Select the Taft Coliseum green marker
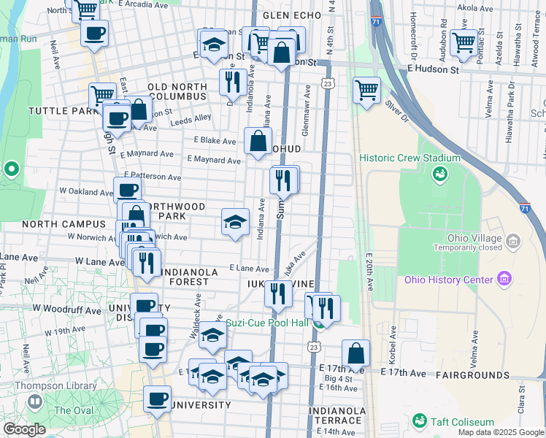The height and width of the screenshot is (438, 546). (420, 421)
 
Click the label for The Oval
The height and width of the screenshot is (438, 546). (73, 410)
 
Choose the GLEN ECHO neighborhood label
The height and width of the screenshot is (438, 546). (288, 15)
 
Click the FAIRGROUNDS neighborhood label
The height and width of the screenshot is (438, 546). (472, 375)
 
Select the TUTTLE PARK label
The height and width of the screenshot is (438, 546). (58, 111)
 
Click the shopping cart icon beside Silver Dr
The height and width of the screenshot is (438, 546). (367, 91)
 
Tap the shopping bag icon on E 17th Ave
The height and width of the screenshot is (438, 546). (355, 354)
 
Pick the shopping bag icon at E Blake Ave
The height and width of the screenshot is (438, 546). (258, 142)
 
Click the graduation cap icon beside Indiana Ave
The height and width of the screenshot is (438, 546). (235, 222)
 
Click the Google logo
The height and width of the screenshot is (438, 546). (24, 429)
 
